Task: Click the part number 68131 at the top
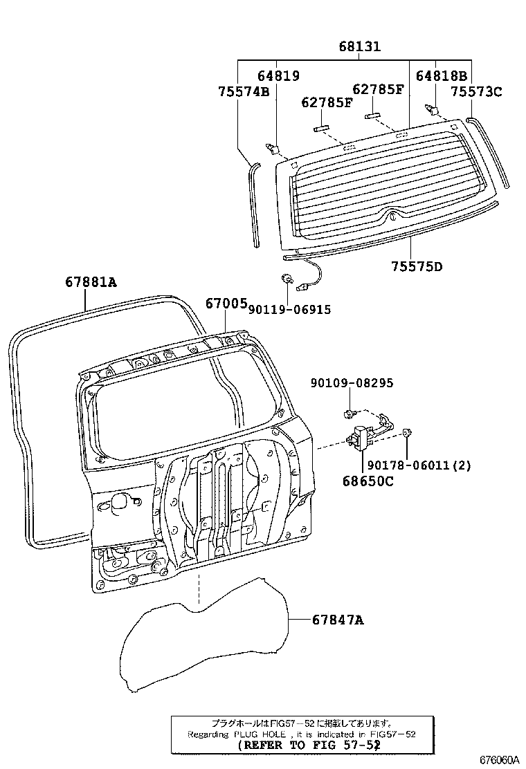point(360,46)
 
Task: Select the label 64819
point(279,75)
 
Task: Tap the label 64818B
point(442,75)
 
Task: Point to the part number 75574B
point(244,91)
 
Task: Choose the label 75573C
point(476,91)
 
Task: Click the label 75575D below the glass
point(417,266)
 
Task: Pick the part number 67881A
point(91,282)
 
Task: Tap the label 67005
point(226,304)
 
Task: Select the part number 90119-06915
point(289,309)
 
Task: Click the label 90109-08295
point(352,382)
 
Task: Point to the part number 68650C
point(368,481)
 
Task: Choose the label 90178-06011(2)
point(419,465)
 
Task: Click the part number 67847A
point(338,620)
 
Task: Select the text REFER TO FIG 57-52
point(309,745)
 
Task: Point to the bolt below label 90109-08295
point(349,414)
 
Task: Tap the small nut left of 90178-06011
point(406,433)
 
